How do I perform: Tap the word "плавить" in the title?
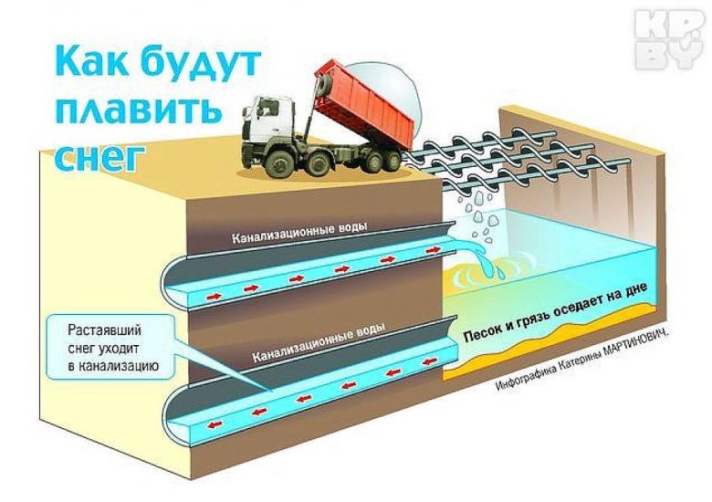click(x=138, y=111)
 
